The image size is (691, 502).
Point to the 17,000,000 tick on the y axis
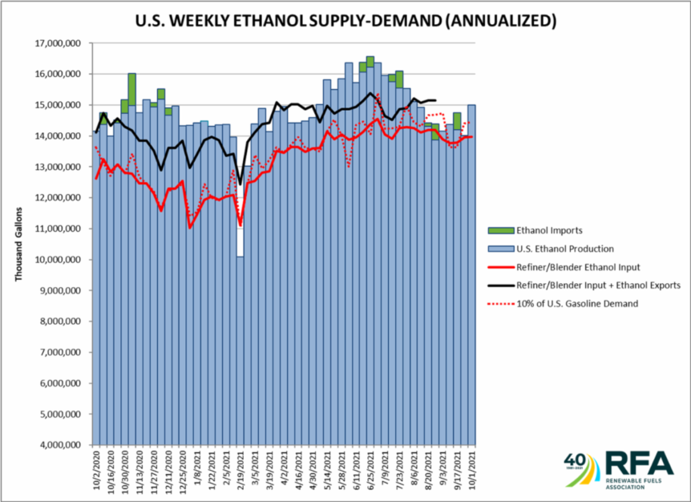[63, 43]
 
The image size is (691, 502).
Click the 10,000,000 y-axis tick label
[63, 260]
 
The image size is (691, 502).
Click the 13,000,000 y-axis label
[63, 167]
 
